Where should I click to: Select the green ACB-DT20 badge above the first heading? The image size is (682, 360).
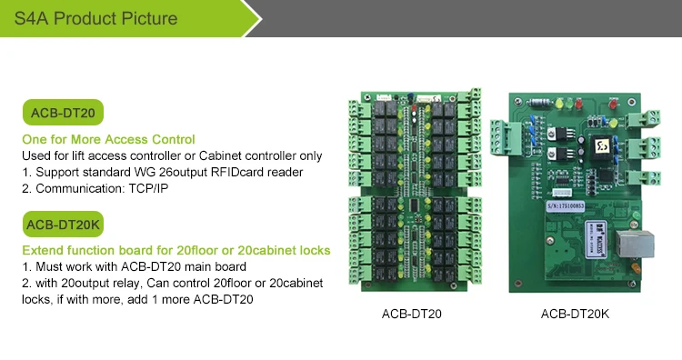(63, 114)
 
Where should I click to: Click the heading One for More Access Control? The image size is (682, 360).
(108, 139)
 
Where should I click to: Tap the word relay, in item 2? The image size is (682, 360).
(123, 283)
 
